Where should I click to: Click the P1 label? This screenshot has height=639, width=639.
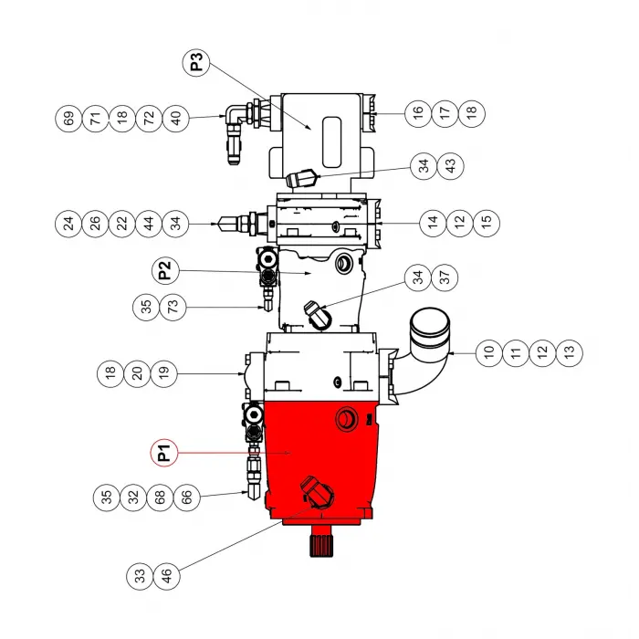[162, 451]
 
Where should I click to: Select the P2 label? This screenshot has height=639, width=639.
[162, 271]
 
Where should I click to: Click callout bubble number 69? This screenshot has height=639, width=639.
[68, 119]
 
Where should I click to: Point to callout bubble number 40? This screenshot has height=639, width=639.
[177, 119]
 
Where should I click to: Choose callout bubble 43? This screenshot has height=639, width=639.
[448, 166]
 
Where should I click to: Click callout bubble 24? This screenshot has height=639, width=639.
[68, 222]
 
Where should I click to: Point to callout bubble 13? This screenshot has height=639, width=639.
[570, 350]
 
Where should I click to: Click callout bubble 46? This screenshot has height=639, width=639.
[167, 576]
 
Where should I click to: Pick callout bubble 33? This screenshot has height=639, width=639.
[140, 576]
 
